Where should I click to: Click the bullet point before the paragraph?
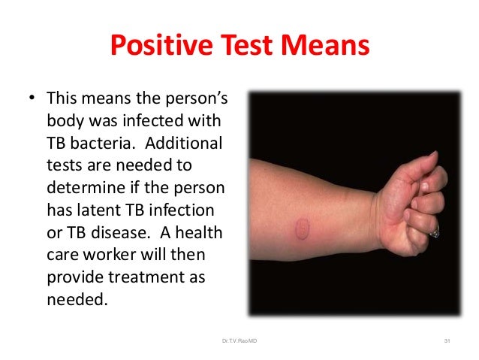[32, 99]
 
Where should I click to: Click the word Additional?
[190, 144]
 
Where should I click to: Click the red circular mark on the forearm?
[303, 224]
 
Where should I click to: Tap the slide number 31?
[447, 343]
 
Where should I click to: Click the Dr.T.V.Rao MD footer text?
[239, 343]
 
